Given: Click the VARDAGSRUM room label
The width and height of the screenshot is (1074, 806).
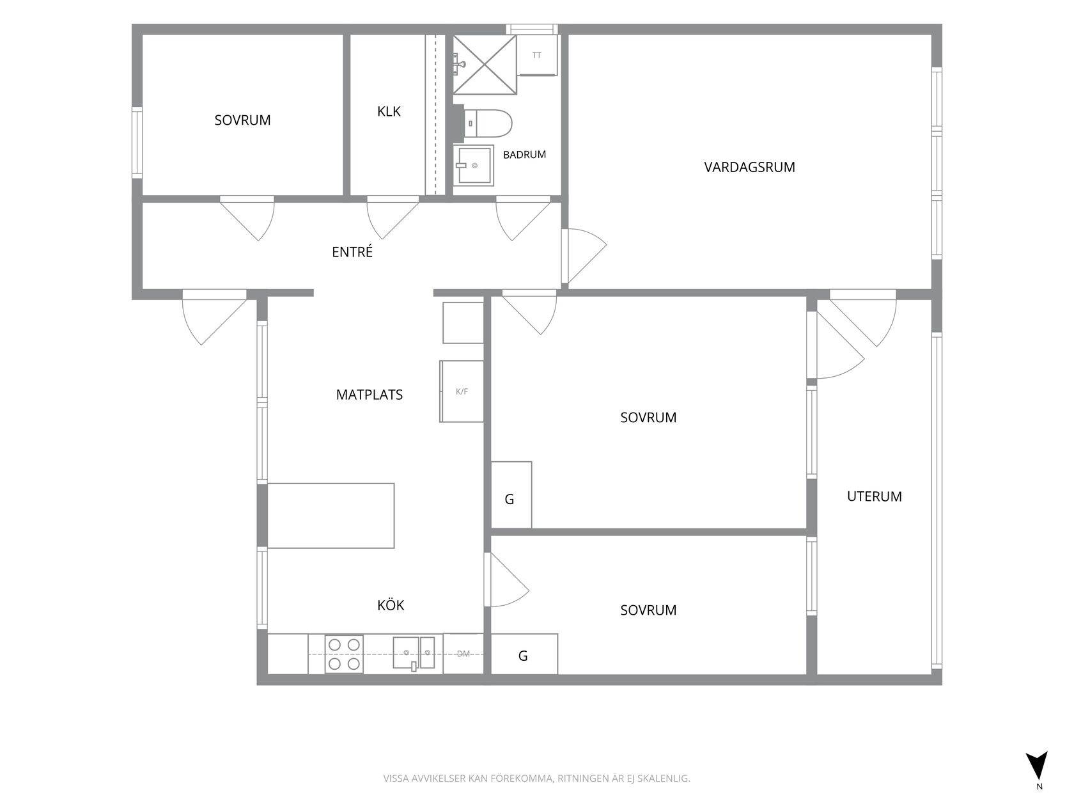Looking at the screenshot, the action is (749, 168).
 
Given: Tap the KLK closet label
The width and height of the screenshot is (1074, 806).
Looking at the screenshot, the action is (389, 111).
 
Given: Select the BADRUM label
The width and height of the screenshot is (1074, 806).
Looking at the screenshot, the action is (524, 155).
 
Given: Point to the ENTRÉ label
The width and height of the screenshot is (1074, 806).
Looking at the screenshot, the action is (352, 251).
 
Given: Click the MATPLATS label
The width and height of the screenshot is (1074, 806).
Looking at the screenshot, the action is (369, 395).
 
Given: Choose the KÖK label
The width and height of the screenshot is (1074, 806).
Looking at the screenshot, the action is (391, 605).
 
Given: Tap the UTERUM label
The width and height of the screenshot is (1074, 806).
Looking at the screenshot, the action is (874, 497).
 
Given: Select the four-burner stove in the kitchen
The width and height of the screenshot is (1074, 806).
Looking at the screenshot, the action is (344, 654).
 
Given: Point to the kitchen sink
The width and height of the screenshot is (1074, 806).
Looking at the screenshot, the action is (414, 653).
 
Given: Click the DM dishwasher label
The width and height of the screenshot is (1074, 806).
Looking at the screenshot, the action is (463, 654).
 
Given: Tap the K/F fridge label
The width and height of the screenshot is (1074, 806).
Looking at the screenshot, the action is (462, 391).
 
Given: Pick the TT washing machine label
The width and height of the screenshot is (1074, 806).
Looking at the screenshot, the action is (537, 55).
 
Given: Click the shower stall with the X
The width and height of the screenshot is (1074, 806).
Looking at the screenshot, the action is (485, 65).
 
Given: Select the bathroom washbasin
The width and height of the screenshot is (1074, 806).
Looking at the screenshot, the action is (473, 166).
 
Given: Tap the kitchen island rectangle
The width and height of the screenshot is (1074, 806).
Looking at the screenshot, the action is (331, 516).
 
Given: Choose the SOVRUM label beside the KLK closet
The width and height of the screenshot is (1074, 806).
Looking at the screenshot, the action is (242, 120).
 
